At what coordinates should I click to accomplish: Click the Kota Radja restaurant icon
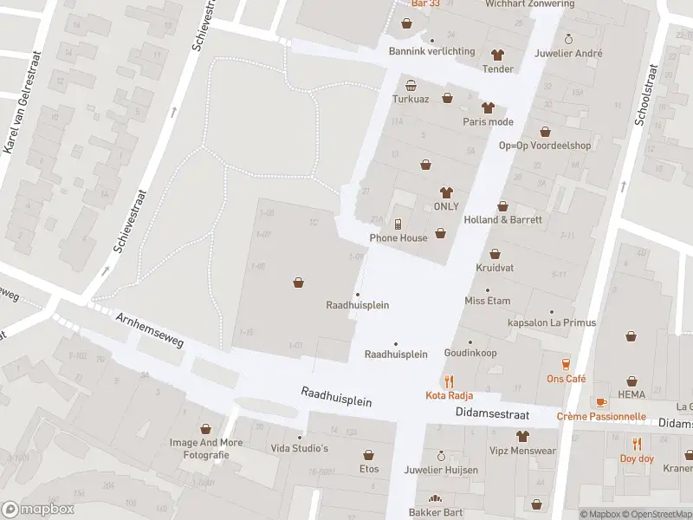coord(449,380)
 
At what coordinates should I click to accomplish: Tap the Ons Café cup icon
coord(566,364)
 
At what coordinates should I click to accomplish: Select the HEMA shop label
coord(631,394)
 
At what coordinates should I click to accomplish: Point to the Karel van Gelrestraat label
coord(22,125)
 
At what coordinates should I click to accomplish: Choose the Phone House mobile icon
coord(398,224)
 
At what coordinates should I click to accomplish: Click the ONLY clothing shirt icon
coord(446,192)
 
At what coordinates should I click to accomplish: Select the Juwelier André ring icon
coord(568,39)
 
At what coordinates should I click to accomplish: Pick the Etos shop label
coord(369,468)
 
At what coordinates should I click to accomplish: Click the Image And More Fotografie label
coord(205,448)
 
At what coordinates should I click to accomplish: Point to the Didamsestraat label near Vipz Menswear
coord(491,415)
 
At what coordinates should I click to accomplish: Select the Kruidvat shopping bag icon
coord(495,254)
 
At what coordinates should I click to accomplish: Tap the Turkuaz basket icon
coord(411,85)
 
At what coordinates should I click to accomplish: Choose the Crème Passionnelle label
coord(601,416)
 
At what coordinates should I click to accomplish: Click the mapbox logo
coord(36,510)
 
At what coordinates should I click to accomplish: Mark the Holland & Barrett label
coord(502,220)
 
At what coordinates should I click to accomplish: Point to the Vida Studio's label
coord(300,448)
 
